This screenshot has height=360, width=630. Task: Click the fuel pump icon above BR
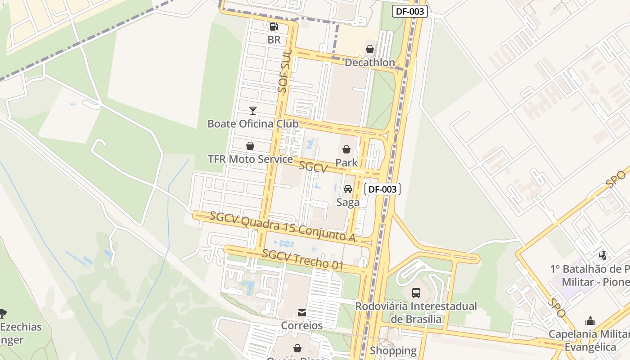(x=274, y=27)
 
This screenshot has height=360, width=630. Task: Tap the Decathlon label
(x=369, y=63)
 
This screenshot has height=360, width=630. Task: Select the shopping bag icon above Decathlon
(x=369, y=49)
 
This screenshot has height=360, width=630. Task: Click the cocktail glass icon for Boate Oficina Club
(x=253, y=110)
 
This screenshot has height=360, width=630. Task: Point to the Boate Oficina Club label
(x=252, y=123)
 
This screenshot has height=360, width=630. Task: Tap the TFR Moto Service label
(x=250, y=159)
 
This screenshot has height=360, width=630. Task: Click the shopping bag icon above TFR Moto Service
(x=250, y=146)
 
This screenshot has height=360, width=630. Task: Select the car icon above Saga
(x=348, y=189)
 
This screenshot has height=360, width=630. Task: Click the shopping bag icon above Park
(x=346, y=149)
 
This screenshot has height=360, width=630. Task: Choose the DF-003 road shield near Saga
(x=382, y=189)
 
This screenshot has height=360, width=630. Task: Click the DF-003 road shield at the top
(x=409, y=12)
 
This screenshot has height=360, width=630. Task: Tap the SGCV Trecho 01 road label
(x=303, y=260)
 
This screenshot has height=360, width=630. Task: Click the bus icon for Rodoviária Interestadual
(x=416, y=293)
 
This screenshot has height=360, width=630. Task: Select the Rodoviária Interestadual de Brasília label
(x=416, y=312)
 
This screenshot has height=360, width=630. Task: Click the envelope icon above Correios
(x=302, y=312)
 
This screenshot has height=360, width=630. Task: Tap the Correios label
(x=302, y=325)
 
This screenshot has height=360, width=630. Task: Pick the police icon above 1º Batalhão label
(x=603, y=256)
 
